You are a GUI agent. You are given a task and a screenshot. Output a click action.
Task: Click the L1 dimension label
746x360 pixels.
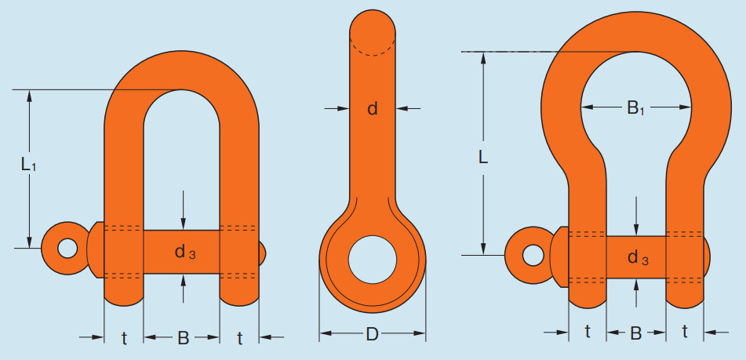(28, 165)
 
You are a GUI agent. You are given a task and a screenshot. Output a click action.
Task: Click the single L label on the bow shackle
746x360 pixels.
(483, 157)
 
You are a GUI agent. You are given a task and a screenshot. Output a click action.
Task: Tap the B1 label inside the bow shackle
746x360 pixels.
(635, 108)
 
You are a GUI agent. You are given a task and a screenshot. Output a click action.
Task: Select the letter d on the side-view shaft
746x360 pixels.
(373, 109)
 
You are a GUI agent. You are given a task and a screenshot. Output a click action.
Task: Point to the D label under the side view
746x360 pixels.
(372, 334)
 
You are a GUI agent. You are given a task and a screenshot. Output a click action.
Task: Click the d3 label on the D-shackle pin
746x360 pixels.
(185, 252)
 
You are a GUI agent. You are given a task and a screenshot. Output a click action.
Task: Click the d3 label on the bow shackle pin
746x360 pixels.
(638, 258)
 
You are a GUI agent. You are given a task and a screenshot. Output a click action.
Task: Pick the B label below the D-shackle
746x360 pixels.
(184, 338)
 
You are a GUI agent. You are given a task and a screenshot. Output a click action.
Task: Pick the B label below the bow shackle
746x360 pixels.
(636, 333)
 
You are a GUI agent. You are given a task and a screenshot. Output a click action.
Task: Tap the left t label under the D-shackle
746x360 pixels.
(124, 338)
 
